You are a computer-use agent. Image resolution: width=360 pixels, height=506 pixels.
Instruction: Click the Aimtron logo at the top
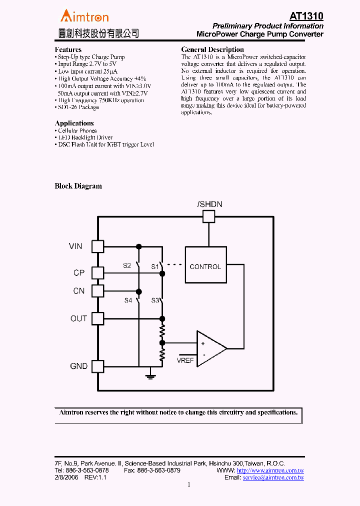[84, 16]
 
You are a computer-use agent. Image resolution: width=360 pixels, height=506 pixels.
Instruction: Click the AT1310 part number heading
[306, 16]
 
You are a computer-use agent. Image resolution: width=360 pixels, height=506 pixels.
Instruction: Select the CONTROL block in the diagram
[205, 266]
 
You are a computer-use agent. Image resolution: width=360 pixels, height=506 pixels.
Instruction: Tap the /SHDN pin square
[208, 216]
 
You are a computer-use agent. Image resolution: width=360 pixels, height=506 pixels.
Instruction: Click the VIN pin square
[98, 246]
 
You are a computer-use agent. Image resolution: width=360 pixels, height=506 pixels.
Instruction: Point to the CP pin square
[98, 273]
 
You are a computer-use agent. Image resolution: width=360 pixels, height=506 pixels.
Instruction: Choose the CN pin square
[98, 290]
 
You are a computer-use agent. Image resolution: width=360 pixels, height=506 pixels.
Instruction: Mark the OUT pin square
[98, 318]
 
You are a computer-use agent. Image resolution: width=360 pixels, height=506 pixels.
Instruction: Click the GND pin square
[98, 366]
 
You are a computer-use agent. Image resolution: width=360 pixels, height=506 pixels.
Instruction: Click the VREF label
[185, 360]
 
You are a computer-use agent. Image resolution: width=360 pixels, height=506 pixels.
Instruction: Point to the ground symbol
[150, 375]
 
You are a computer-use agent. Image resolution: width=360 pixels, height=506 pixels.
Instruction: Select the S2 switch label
[127, 265]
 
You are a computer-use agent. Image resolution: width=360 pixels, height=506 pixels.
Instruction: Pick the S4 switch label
[128, 300]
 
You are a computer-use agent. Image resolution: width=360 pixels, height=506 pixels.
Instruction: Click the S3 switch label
[155, 300]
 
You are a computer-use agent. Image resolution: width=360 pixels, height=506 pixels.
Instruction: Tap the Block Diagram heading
[78, 186]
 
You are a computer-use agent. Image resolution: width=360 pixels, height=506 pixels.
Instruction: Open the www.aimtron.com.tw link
[270, 470]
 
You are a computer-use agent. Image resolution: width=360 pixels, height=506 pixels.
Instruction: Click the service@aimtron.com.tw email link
[273, 477]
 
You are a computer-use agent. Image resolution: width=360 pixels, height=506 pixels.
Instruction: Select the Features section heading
[68, 49]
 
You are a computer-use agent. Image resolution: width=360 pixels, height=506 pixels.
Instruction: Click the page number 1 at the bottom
[189, 484]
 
